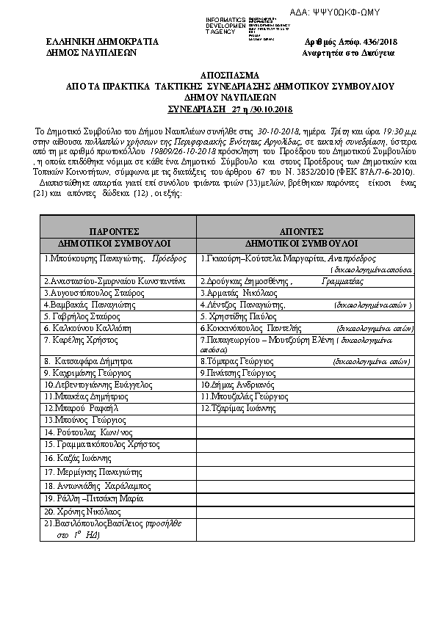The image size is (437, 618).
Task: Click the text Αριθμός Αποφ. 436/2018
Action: [x=350, y=43]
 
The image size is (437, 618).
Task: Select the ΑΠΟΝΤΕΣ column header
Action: [x=307, y=230]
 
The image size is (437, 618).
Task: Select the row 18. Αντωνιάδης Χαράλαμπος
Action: [x=91, y=486]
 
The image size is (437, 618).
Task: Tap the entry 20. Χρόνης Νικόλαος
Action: [x=82, y=511]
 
